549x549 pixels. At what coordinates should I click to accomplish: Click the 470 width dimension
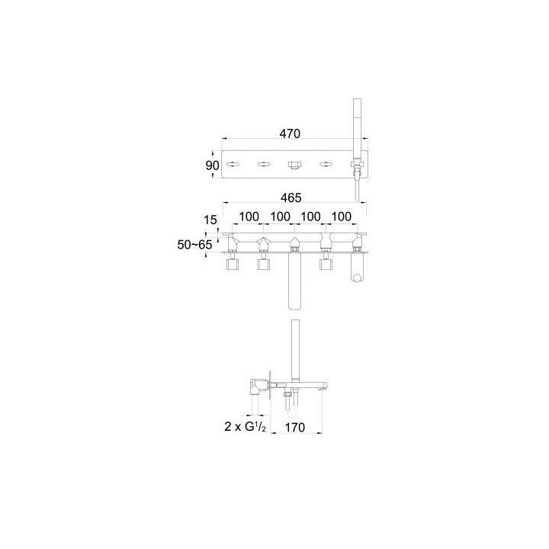pyautogui.click(x=290, y=133)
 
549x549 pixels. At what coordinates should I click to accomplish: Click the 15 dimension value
pyautogui.click(x=210, y=220)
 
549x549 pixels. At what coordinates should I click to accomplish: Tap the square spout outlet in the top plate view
pyautogui.click(x=294, y=164)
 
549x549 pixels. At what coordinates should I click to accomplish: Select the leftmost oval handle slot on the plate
pyautogui.click(x=233, y=164)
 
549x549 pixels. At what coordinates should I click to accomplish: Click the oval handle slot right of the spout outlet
pyautogui.click(x=326, y=164)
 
